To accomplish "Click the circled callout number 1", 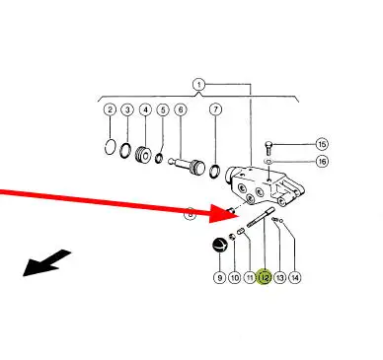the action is pyautogui.click(x=198, y=85).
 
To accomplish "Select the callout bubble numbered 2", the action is pyautogui.click(x=110, y=109).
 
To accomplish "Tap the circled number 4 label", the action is pyautogui.click(x=145, y=109).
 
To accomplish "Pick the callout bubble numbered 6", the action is pyautogui.click(x=181, y=109).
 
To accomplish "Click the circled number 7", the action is pyautogui.click(x=215, y=109).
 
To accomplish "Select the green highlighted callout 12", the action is pyautogui.click(x=265, y=278).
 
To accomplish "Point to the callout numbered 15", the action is pyautogui.click(x=322, y=144).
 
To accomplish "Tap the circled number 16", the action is pyautogui.click(x=322, y=162).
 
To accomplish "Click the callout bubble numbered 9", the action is pyautogui.click(x=219, y=278).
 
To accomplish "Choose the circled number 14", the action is pyautogui.click(x=295, y=278).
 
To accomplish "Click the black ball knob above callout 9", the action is pyautogui.click(x=220, y=245).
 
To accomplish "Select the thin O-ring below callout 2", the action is pyautogui.click(x=111, y=147).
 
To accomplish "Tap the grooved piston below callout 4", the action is pyautogui.click(x=144, y=155).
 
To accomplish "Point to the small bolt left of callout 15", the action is pyautogui.click(x=268, y=148).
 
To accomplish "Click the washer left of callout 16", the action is pyautogui.click(x=268, y=162).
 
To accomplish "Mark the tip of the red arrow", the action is pyautogui.click(x=239, y=216).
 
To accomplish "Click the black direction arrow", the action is pyautogui.click(x=46, y=263).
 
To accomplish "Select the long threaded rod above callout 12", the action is pyautogui.click(x=261, y=217).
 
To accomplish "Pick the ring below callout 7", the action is pyautogui.click(x=215, y=172).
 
